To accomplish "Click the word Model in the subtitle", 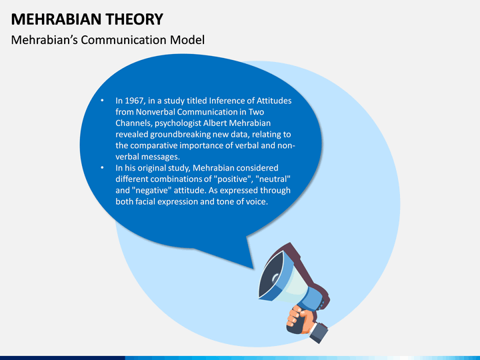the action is coord(187,40).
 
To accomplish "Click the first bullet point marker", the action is coord(102,101).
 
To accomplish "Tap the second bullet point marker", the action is coord(102,167).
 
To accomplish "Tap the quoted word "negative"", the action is coord(151,191).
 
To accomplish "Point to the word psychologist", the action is coord(177,123).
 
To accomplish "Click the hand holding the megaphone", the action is coord(299,319).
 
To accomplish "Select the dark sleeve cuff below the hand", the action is coord(319,333).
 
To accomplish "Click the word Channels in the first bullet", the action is coord(133,123).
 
